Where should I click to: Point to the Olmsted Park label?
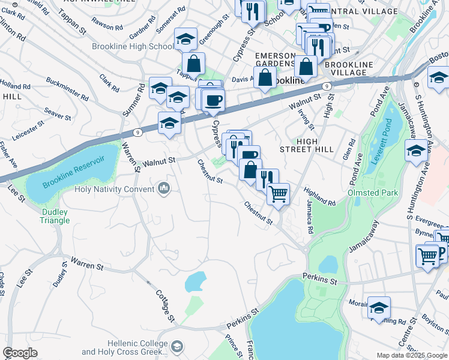(372, 193)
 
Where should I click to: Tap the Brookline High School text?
(133, 46)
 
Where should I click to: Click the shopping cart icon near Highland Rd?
(277, 194)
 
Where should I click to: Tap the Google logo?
(20, 353)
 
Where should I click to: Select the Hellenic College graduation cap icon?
(177, 346)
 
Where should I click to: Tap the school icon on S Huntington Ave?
(416, 150)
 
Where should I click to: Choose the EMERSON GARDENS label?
(277, 60)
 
